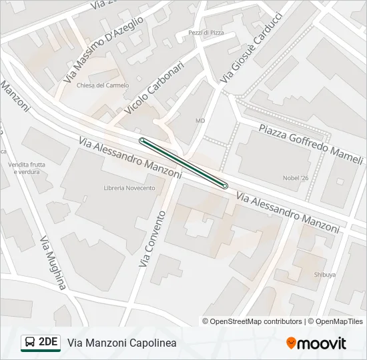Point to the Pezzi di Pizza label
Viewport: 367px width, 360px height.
(206, 33)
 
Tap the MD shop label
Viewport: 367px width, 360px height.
(200, 121)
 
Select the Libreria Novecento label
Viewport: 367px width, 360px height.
(129, 188)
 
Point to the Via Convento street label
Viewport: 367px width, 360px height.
(151, 239)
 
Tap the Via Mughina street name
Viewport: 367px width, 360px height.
(53, 262)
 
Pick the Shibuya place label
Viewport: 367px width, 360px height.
(324, 274)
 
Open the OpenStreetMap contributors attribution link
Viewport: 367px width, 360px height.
(256, 321)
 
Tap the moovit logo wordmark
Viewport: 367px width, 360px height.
(316, 343)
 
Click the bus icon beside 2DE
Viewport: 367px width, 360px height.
(29, 343)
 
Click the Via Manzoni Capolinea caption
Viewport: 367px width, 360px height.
(122, 343)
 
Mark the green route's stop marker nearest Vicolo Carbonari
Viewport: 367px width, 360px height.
(142, 140)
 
